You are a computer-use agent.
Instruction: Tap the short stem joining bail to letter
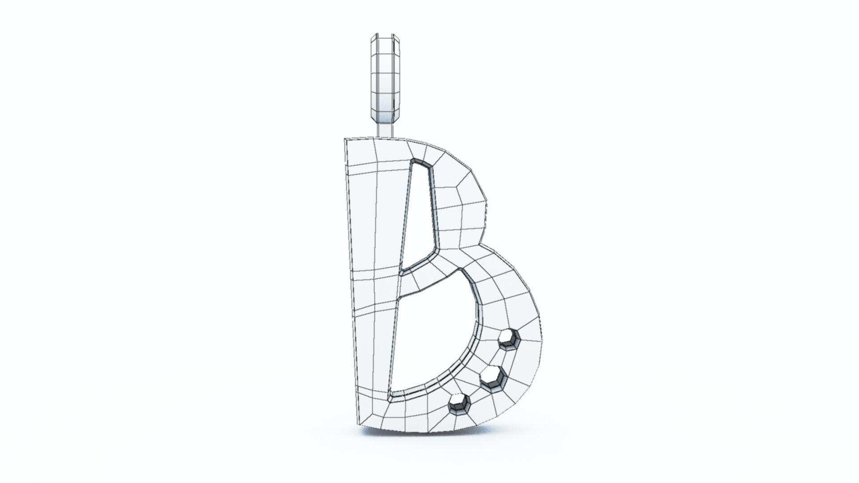coord(385,130)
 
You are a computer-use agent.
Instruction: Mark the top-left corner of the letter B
coord(345,140)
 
